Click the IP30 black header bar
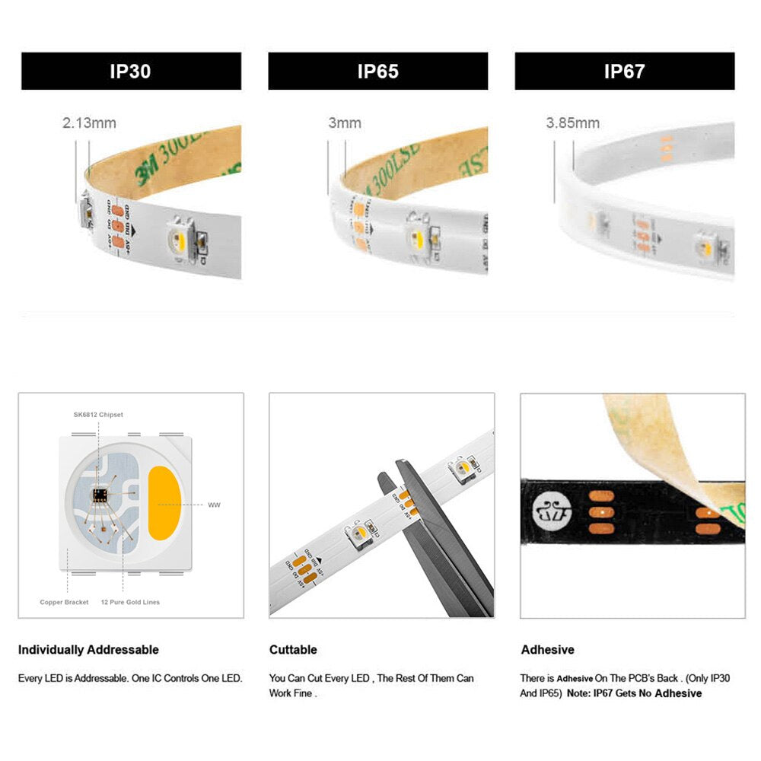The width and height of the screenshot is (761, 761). (131, 72)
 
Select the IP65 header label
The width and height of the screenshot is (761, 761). (377, 72)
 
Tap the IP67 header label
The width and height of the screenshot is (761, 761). (624, 72)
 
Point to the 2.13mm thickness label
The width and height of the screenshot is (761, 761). (89, 123)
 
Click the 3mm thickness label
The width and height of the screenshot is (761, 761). (344, 123)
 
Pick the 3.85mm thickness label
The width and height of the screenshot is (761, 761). (572, 123)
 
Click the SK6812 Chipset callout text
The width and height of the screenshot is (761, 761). (98, 415)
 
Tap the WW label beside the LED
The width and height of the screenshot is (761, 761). (214, 505)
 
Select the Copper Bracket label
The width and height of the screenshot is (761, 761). (65, 602)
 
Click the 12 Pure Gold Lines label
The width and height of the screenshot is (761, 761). (130, 602)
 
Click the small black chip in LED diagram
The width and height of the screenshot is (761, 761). (99, 495)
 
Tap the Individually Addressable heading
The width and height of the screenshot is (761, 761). (88, 650)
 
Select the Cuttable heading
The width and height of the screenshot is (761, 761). (293, 650)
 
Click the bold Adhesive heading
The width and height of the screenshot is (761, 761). (547, 650)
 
